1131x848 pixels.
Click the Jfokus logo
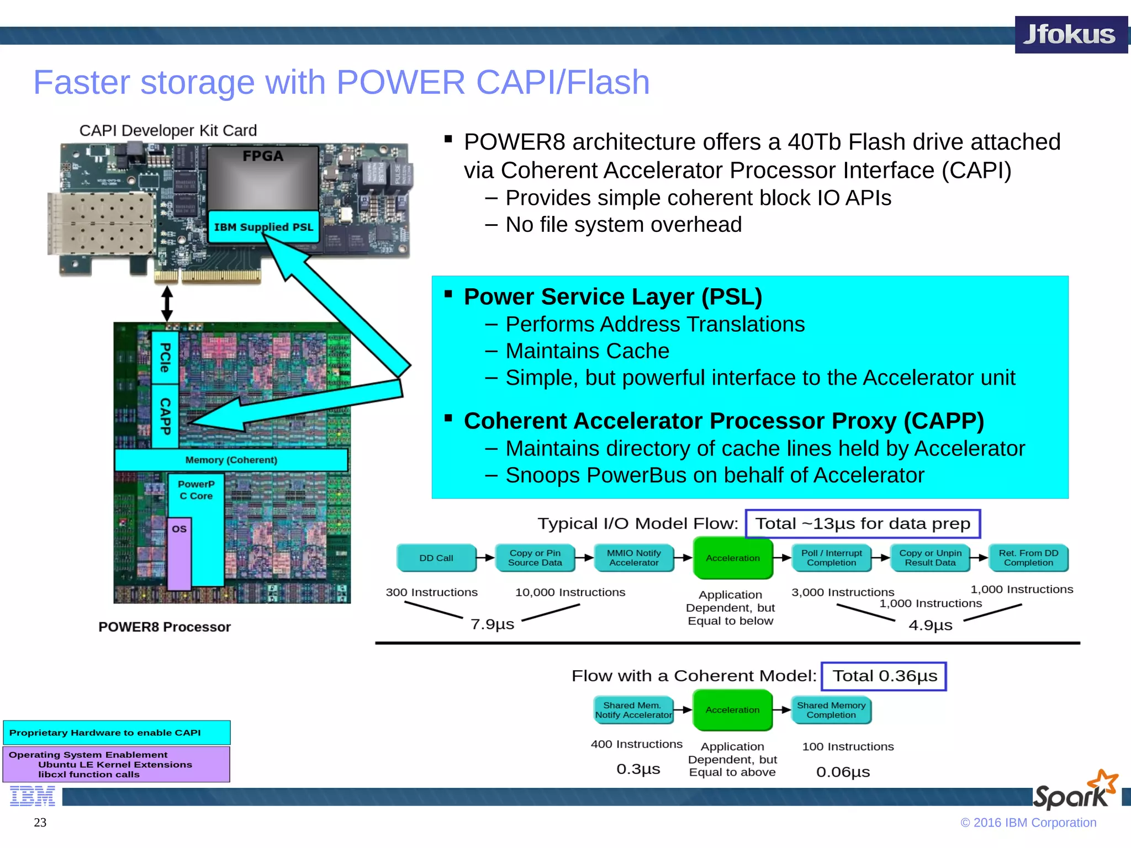point(1070,35)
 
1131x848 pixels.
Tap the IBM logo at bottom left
point(33,797)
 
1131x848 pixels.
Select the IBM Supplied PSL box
point(263,227)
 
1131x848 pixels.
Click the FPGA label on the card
point(263,156)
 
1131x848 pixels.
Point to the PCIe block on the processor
point(165,357)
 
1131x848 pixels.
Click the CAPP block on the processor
point(165,416)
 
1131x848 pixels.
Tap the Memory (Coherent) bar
point(231,460)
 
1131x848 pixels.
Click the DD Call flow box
point(436,558)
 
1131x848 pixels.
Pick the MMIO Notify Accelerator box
point(633,558)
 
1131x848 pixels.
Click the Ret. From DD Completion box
point(1028,558)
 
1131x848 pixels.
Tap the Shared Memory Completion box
point(831,710)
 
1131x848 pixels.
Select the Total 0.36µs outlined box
point(884,676)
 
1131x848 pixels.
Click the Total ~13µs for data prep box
point(863,523)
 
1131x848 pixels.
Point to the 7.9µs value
point(492,624)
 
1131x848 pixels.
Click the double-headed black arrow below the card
point(167,303)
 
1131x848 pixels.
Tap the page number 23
point(40,822)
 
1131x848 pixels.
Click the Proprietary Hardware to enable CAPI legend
point(117,733)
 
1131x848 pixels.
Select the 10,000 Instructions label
point(570,592)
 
